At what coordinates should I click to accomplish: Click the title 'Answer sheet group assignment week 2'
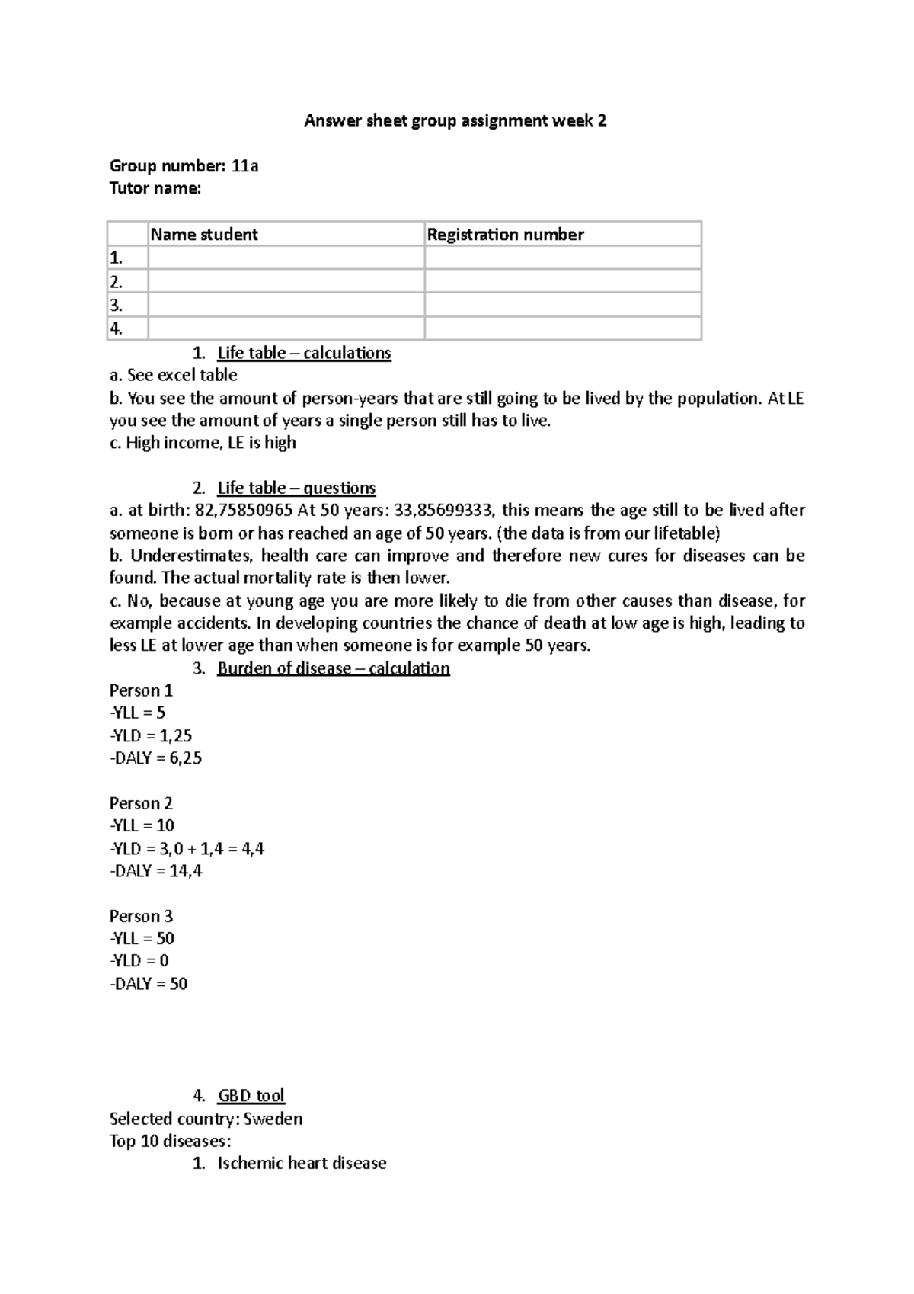(455, 120)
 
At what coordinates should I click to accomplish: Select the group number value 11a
(244, 166)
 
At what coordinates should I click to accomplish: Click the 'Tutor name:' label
(155, 188)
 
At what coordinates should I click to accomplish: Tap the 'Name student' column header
(204, 235)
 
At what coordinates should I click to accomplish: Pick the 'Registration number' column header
(505, 235)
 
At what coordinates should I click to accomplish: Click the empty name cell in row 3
(286, 306)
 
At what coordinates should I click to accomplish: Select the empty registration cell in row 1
(562, 258)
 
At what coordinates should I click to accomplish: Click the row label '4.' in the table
(117, 329)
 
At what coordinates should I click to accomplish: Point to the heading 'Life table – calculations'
(304, 353)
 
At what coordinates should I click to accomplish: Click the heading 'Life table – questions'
(296, 488)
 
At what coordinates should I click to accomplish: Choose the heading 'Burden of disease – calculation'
(334, 668)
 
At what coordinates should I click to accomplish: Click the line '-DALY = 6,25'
(156, 758)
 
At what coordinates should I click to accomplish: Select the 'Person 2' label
(141, 803)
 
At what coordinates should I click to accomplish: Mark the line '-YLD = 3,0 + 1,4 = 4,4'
(187, 849)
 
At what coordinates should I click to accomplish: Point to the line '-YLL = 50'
(142, 939)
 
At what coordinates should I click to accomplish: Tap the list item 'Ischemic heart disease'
(302, 1164)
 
